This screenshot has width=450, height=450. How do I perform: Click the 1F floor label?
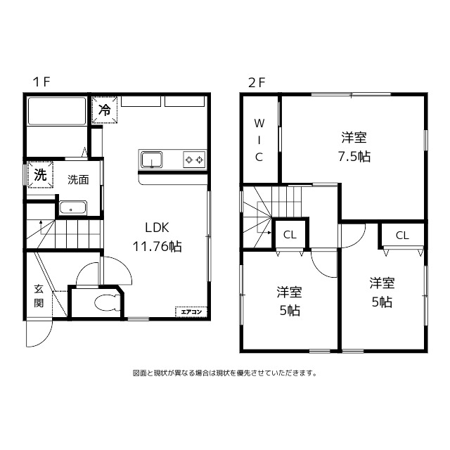(41, 82)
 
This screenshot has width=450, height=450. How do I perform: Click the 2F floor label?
(256, 82)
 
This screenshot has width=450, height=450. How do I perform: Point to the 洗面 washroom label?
(78, 179)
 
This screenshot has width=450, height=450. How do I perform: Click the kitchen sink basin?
(151, 160)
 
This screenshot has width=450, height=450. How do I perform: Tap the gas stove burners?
(193, 160)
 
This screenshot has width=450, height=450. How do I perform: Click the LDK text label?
(157, 228)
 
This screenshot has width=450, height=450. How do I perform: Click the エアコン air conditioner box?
(191, 311)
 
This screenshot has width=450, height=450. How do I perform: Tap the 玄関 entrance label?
(39, 295)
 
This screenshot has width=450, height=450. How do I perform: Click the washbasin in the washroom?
(72, 207)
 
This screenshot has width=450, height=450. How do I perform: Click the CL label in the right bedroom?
(401, 236)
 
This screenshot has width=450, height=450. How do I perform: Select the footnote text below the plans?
(225, 373)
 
